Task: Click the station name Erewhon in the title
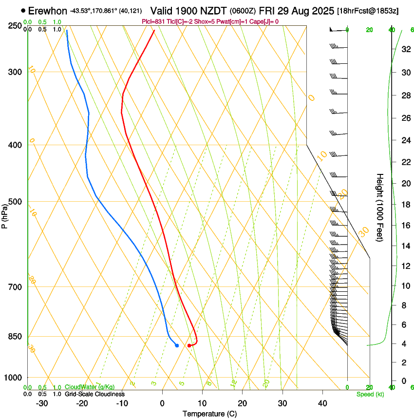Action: pyautogui.click(x=48, y=11)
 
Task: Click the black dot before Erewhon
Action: pyautogui.click(x=23, y=10)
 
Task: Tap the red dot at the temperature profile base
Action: pyautogui.click(x=189, y=345)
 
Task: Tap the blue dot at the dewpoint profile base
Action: pyautogui.click(x=177, y=345)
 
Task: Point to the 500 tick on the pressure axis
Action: pyautogui.click(x=15, y=202)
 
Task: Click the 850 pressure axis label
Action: pyautogui.click(x=15, y=336)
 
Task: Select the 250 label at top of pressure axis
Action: pyautogui.click(x=15, y=25)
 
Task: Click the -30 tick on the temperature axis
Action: pyautogui.click(x=42, y=403)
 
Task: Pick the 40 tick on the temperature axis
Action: pyautogui.click(x=322, y=403)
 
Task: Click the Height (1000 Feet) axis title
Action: pyautogui.click(x=380, y=207)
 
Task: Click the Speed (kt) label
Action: pyautogui.click(x=370, y=394)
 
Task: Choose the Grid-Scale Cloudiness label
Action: pyautogui.click(x=94, y=394)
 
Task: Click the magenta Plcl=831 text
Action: pyautogui.click(x=153, y=21)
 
